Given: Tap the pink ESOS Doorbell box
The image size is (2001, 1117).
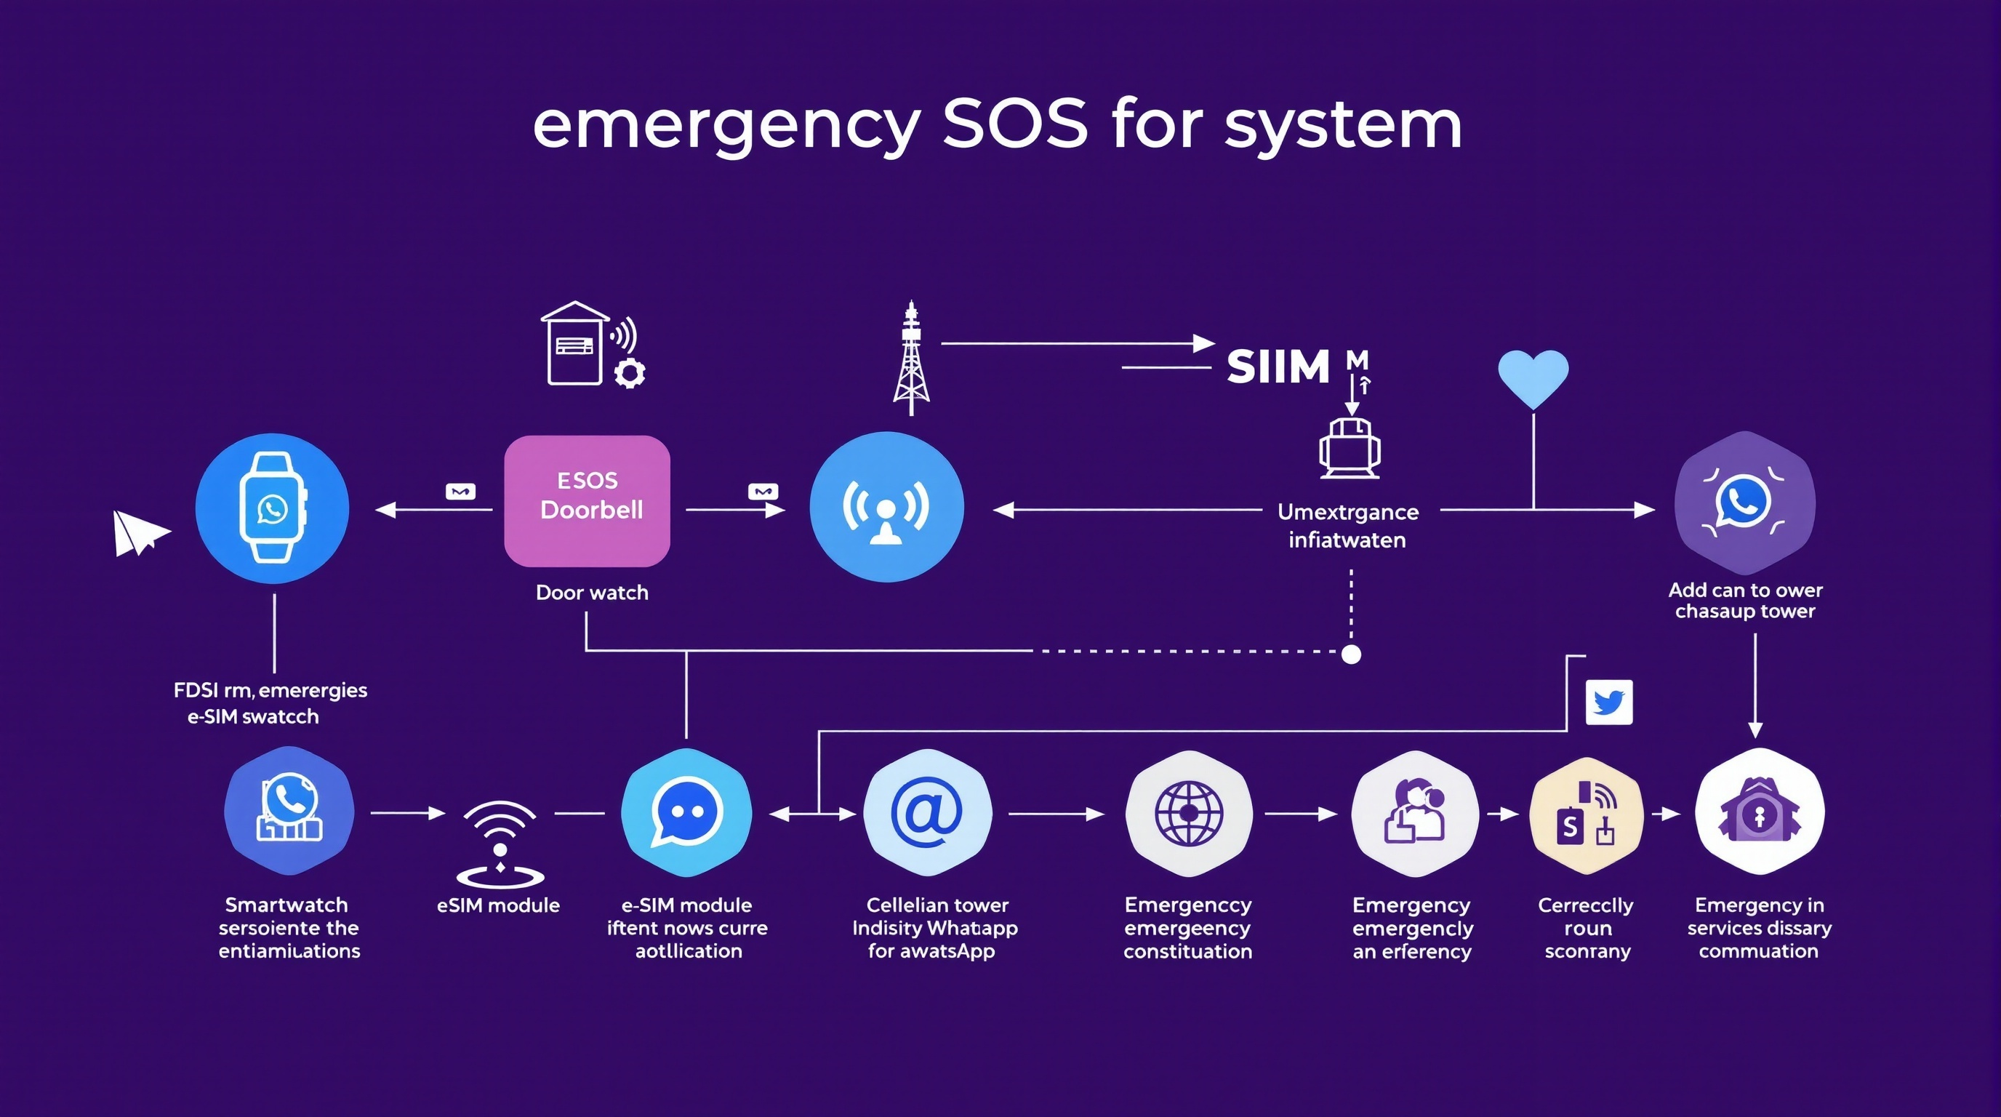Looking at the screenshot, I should pos(588,501).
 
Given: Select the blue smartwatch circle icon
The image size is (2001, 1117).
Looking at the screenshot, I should pos(272,508).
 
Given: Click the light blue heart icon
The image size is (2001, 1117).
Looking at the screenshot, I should pos(1533,377).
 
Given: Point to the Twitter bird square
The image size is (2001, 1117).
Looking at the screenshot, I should pos(1608,702).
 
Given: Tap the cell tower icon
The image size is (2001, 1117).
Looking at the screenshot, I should pos(911,358).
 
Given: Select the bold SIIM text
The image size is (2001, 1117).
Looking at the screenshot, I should pos(1278,367).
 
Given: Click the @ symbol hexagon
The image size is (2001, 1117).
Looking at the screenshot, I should pos(927,812).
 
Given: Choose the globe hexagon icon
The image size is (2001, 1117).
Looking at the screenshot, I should pos(1189,813).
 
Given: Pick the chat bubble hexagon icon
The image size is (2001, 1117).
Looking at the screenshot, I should pos(686,812).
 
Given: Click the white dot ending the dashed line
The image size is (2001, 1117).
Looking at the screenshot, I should pos(1352,654).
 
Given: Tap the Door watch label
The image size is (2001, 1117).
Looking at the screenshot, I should pos(592,593).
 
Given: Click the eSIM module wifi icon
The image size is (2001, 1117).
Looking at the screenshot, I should pos(500,843).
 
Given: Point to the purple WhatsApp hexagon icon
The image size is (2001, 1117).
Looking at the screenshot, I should pos(1744,503).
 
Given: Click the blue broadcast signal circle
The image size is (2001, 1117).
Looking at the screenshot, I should pos(886,508).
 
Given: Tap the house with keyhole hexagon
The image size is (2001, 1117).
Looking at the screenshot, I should pos(1760,812).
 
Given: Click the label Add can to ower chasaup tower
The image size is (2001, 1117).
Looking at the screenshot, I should pos(1744,601).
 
